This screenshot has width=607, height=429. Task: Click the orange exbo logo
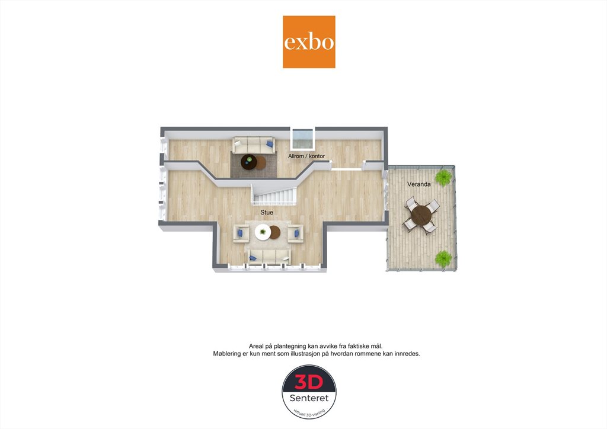[309, 42]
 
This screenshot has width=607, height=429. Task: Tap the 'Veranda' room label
[419, 184]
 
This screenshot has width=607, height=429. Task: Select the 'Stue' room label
[267, 212]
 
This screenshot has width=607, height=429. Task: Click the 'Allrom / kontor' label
[306, 156]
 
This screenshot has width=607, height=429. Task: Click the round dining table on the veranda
[421, 216]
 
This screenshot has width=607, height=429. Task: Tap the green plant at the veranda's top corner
[443, 178]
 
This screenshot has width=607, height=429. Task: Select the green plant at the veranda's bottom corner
[443, 259]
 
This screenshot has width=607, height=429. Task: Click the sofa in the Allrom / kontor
[254, 145]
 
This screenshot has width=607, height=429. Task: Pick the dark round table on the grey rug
[249, 162]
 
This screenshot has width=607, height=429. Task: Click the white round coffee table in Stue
[263, 232]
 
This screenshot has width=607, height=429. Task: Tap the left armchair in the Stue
[241, 233]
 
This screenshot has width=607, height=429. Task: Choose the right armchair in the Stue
[295, 233]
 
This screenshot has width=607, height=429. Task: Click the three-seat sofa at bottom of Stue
[270, 257]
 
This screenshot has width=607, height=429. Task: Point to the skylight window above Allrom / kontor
[302, 139]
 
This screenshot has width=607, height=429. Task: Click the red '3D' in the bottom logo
[309, 382]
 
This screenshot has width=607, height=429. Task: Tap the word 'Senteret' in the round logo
[309, 398]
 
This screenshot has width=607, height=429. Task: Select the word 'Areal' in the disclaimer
[256, 346]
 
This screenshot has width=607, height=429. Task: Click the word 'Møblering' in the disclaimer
[227, 354]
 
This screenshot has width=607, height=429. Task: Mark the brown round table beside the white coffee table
[274, 232]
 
